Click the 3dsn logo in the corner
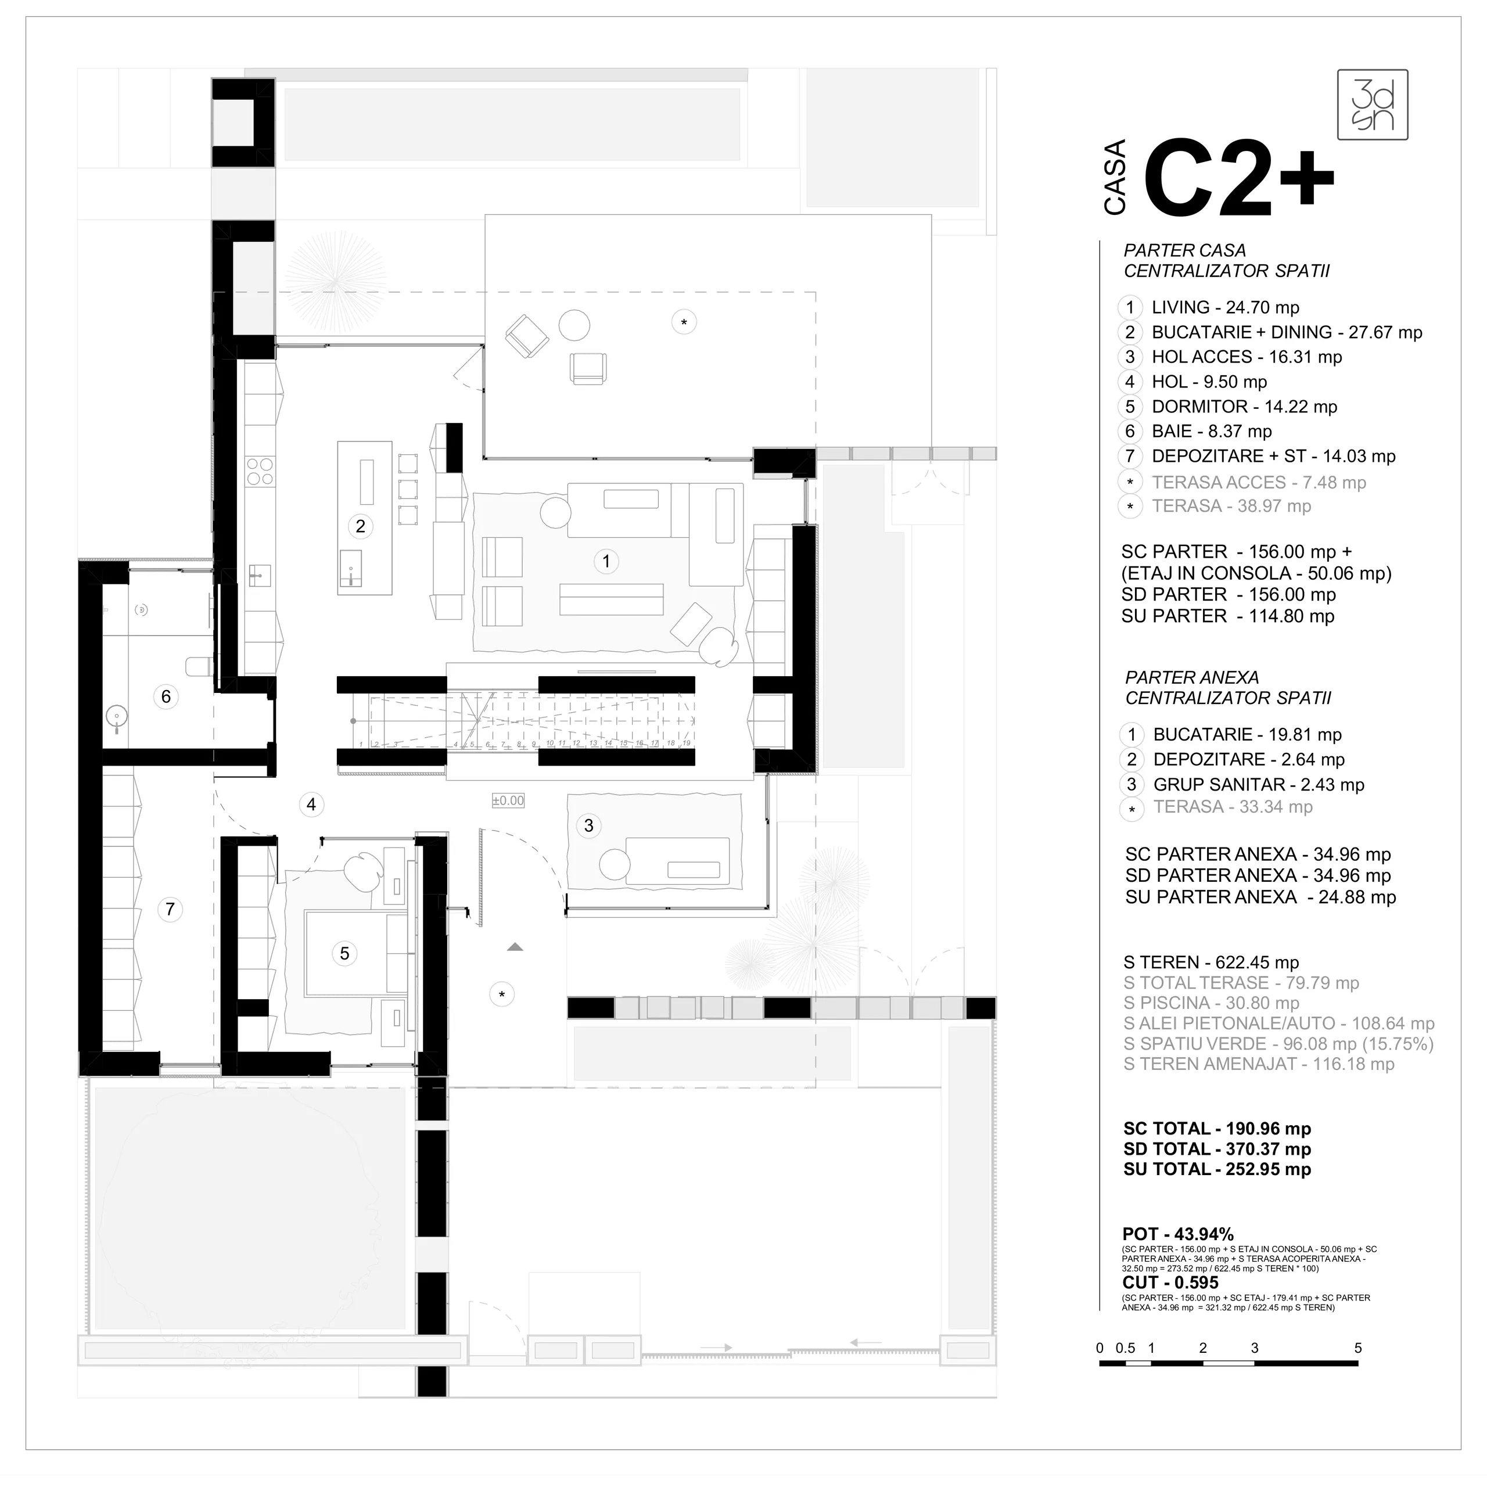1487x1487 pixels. (1373, 105)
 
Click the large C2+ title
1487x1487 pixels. (1238, 179)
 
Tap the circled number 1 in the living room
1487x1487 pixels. (606, 561)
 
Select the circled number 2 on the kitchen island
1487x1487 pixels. (360, 526)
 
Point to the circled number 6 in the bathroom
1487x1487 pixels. (166, 696)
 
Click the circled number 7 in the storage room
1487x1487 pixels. (170, 909)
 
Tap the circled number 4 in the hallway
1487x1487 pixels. (311, 804)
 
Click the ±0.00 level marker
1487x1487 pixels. (508, 800)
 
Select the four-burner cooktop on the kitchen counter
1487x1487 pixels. (260, 471)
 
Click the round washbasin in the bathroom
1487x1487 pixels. (116, 716)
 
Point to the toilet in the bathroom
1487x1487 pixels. (199, 666)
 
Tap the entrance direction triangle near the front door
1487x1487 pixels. (515, 947)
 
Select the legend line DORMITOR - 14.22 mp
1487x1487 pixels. (1244, 407)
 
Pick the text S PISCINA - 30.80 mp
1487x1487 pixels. (1211, 1003)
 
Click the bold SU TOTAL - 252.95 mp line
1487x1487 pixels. (1217, 1169)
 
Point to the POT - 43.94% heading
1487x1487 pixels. (1177, 1234)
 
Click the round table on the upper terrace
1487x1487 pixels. (574, 325)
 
